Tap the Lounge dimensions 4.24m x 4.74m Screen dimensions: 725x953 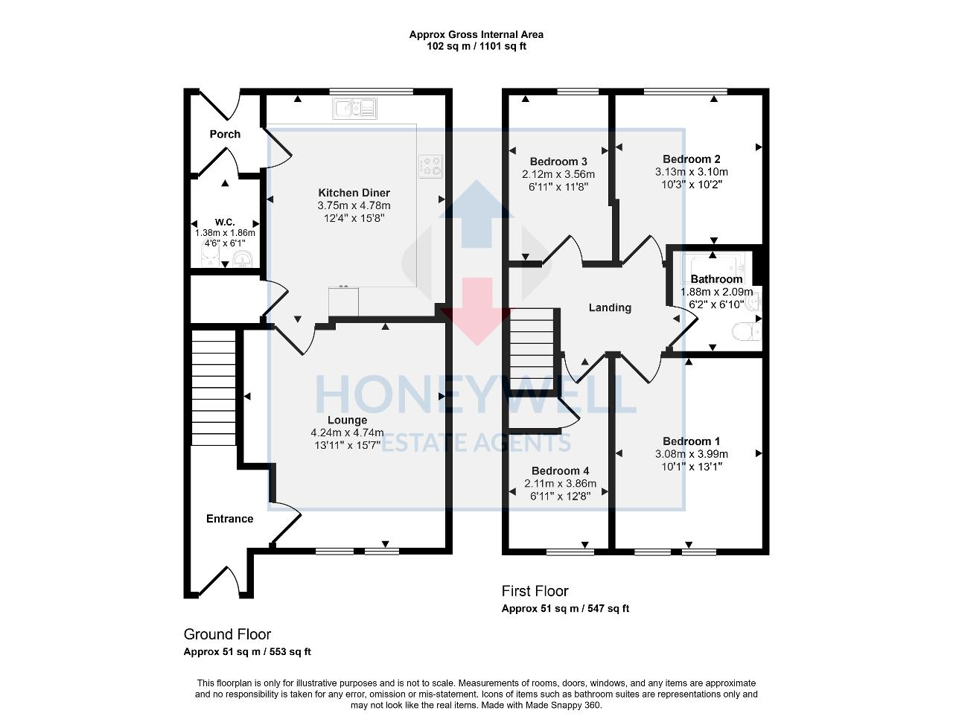347,432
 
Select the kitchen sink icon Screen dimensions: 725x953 356,109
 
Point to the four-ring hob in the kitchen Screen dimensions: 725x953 430,166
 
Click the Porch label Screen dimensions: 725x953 225,134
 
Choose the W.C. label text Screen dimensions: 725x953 225,222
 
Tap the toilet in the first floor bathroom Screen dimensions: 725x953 744,330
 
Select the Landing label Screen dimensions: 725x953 610,307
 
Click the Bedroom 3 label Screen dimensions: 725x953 558,162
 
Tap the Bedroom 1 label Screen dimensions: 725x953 691,441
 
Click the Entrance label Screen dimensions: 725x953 229,519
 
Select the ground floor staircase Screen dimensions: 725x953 214,387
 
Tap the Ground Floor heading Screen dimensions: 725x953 227,634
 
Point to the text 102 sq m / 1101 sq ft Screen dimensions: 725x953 476,46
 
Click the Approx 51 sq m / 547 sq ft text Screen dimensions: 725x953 565,608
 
